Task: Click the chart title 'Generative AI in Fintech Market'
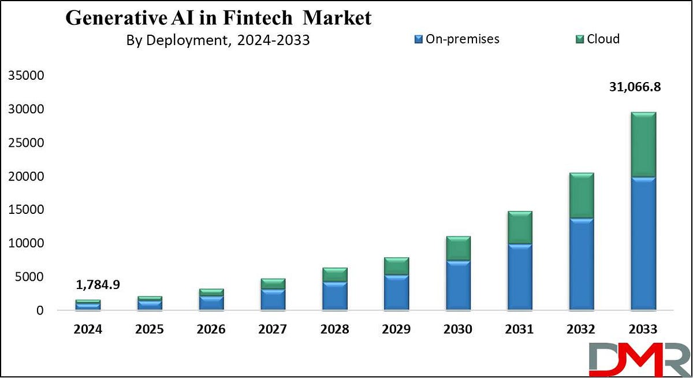pos(218,17)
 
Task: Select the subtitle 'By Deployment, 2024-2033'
pos(218,41)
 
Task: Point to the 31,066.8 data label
pos(635,88)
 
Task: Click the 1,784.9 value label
pos(98,284)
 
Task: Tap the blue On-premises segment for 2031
pos(520,276)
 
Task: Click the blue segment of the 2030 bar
pos(458,284)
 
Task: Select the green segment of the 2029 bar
pos(396,266)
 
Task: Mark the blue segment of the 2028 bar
pos(335,295)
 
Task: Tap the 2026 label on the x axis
pos(211,329)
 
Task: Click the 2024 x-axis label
pos(88,329)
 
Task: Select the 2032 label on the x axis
pos(581,329)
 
